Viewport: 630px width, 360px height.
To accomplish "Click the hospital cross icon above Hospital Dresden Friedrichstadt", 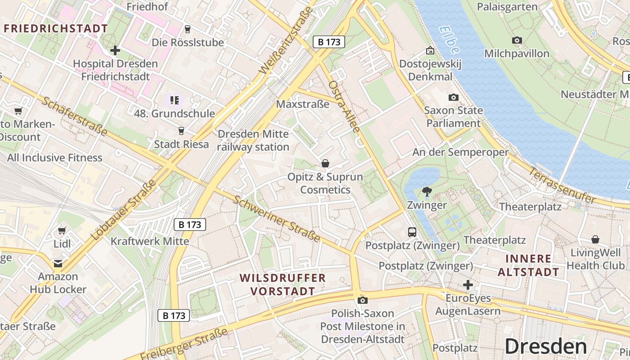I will click(115, 50).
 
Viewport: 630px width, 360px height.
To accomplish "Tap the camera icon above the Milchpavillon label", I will click(517, 40).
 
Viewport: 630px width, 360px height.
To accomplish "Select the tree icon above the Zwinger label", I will click(427, 192).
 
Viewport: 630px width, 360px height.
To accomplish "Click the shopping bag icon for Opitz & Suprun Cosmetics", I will click(325, 163).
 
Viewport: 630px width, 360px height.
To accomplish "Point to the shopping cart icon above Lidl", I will click(62, 231).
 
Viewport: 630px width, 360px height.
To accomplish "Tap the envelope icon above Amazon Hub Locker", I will click(58, 263).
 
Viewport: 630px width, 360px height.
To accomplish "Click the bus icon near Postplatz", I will click(412, 232).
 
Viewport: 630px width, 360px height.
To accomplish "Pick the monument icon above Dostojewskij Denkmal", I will click(430, 50).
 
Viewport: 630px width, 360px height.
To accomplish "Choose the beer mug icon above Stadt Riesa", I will click(181, 131).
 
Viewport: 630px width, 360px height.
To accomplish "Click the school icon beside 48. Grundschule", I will click(174, 100).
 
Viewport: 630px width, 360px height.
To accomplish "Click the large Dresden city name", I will click(545, 346).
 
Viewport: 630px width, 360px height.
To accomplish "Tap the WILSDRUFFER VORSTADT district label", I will click(283, 284).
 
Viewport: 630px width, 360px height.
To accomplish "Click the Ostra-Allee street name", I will click(344, 107).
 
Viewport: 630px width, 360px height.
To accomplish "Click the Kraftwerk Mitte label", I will click(150, 241).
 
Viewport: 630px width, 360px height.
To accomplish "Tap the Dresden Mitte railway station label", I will click(253, 140).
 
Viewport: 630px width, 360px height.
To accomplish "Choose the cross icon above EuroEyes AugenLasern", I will click(468, 285).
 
